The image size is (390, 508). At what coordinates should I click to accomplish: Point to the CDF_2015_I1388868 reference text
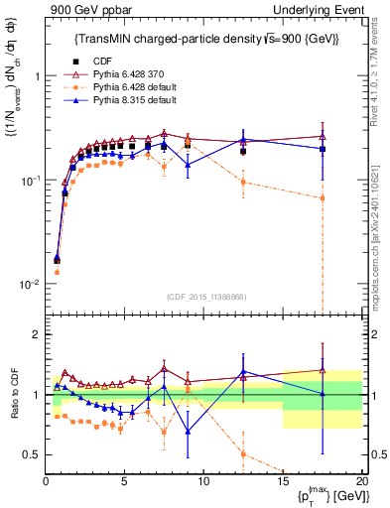206,296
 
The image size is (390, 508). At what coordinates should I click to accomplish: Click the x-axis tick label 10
204,481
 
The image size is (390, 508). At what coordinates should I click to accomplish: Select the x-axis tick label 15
283,481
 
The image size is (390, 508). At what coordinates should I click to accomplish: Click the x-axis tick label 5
125,481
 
